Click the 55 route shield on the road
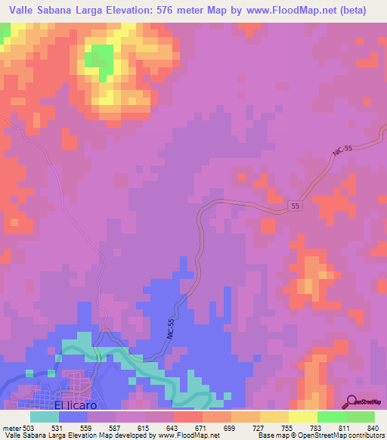296,206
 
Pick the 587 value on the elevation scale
114,428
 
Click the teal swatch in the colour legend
44,417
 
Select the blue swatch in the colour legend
73,417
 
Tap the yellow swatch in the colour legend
302,417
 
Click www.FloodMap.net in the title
292,11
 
